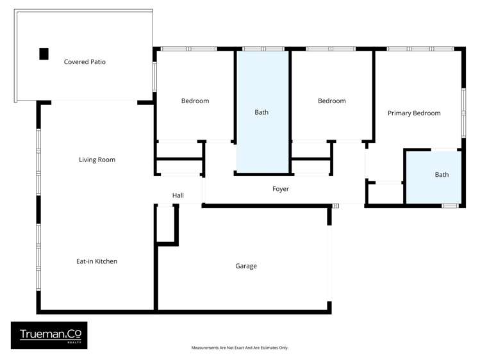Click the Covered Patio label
[x=85, y=62]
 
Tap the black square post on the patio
[x=44, y=54]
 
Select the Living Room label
[x=97, y=160]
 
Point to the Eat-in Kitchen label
[x=97, y=261]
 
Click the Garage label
[x=246, y=266]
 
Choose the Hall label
[x=178, y=195]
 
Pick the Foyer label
[x=281, y=189]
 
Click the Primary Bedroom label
[x=414, y=113]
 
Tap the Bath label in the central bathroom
[x=261, y=112]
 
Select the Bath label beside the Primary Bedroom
[x=442, y=174]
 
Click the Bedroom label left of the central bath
[x=195, y=101]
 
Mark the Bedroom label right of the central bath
[x=332, y=101]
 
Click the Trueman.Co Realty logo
[x=49, y=335]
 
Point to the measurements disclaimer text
[x=240, y=348]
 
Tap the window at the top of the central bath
[x=263, y=49]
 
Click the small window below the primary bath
[x=451, y=205]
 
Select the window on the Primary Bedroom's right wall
[x=463, y=112]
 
